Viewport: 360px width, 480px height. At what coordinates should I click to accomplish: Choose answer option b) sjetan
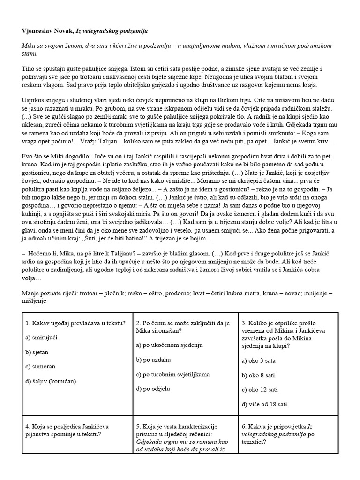[38, 351]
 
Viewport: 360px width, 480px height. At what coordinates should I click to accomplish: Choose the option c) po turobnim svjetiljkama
[172, 374]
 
